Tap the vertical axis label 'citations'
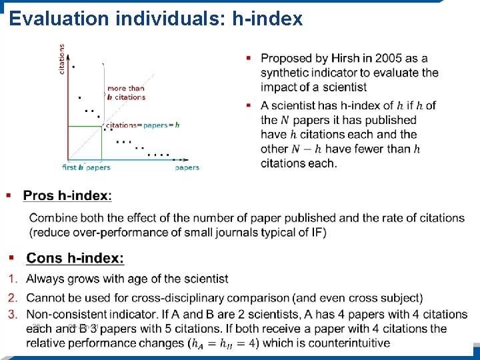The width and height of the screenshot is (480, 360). tap(63, 59)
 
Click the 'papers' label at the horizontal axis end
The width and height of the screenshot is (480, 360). tap(187, 167)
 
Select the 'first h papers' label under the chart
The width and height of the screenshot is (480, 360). tap(86, 167)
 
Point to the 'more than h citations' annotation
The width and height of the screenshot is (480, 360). tap(126, 93)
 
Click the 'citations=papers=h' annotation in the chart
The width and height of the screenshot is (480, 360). tap(143, 125)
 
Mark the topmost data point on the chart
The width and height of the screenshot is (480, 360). tap(73, 67)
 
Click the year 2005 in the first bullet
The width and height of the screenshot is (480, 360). tap(389, 59)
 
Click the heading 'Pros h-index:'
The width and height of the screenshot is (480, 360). tap(67, 195)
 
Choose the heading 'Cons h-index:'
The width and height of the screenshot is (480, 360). tap(75, 258)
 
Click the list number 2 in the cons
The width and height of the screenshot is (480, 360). tap(12, 297)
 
